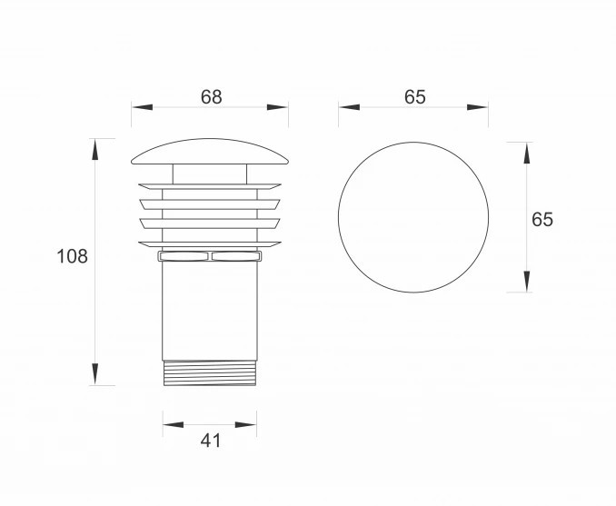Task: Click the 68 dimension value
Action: coord(212,97)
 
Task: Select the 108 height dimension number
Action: coord(73,256)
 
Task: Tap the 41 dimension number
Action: coord(211,441)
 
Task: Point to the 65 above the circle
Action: coord(415,97)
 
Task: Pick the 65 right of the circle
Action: coord(542,219)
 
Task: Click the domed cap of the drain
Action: coord(210,152)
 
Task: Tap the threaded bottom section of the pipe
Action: coord(210,373)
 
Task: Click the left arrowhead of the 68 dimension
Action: coord(142,107)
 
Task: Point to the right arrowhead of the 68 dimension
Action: coord(278,107)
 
